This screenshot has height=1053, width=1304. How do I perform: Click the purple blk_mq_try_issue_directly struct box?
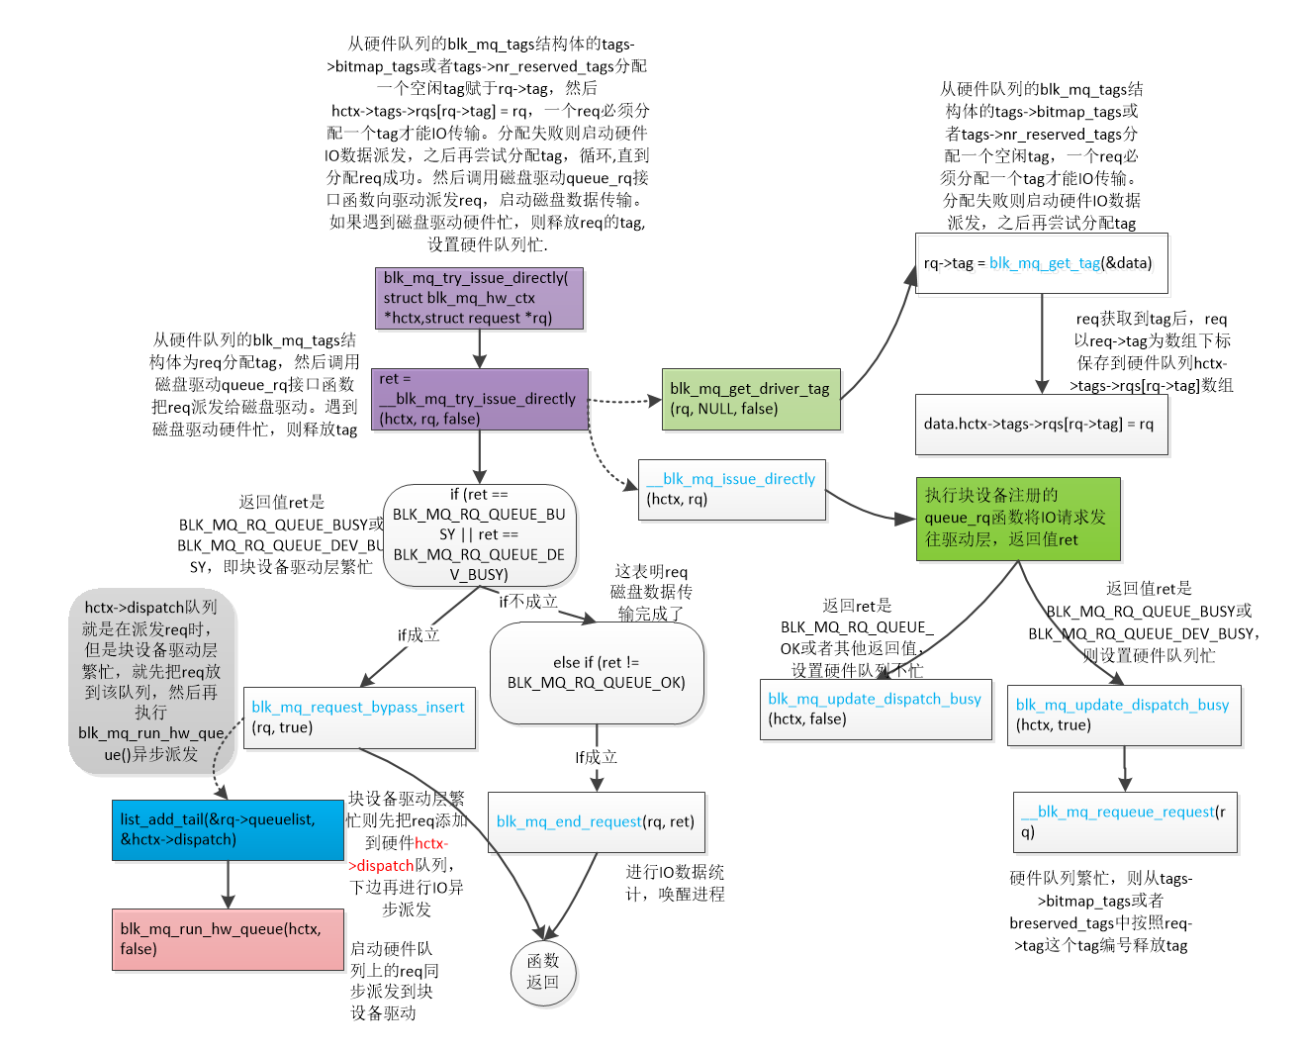click(x=478, y=298)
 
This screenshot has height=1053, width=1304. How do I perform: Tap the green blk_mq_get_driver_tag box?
click(x=751, y=399)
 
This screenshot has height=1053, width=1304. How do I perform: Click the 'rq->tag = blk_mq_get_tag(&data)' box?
click(x=1041, y=263)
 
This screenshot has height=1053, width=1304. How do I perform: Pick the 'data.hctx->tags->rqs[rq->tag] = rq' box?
click(x=1041, y=425)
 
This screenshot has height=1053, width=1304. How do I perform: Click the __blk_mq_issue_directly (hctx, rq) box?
click(x=731, y=489)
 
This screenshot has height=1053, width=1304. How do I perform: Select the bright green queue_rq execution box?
click(x=1017, y=519)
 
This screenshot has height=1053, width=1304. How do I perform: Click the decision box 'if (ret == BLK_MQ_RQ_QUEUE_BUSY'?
click(x=479, y=534)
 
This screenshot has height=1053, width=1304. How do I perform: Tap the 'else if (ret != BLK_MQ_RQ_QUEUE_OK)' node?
click(x=596, y=673)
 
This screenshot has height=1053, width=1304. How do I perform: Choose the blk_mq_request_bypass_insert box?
click(x=359, y=718)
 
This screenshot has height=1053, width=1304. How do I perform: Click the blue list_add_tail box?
click(x=228, y=829)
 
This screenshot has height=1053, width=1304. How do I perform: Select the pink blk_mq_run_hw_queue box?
click(x=228, y=939)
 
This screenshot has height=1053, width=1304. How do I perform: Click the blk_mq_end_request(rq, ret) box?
click(x=596, y=821)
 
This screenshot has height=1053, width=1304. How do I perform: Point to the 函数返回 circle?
click(x=542, y=972)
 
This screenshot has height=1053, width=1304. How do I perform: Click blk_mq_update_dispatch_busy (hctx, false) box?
click(x=875, y=709)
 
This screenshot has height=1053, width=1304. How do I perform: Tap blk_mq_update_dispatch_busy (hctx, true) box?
click(x=1123, y=715)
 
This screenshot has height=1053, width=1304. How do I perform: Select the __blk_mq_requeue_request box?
click(x=1125, y=821)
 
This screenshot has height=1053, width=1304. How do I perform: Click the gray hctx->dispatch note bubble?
click(x=152, y=681)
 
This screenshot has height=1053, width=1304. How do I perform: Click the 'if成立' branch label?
click(x=418, y=635)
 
